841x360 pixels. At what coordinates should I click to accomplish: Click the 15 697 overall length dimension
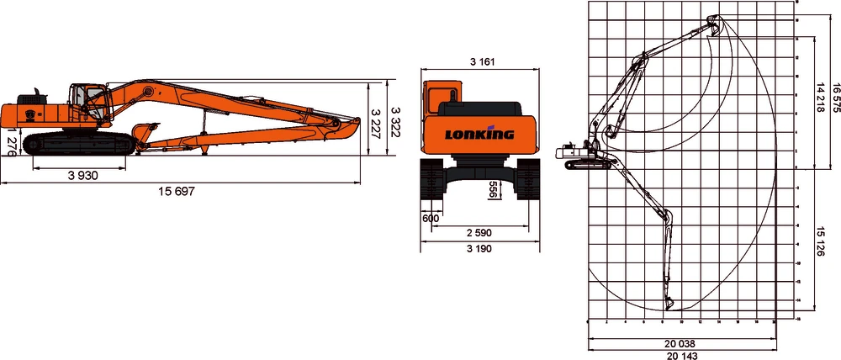tap(177, 192)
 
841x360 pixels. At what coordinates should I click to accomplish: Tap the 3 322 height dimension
tap(394, 118)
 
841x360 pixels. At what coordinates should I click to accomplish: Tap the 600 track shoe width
tap(431, 218)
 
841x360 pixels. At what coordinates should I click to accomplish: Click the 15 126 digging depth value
tap(819, 244)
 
